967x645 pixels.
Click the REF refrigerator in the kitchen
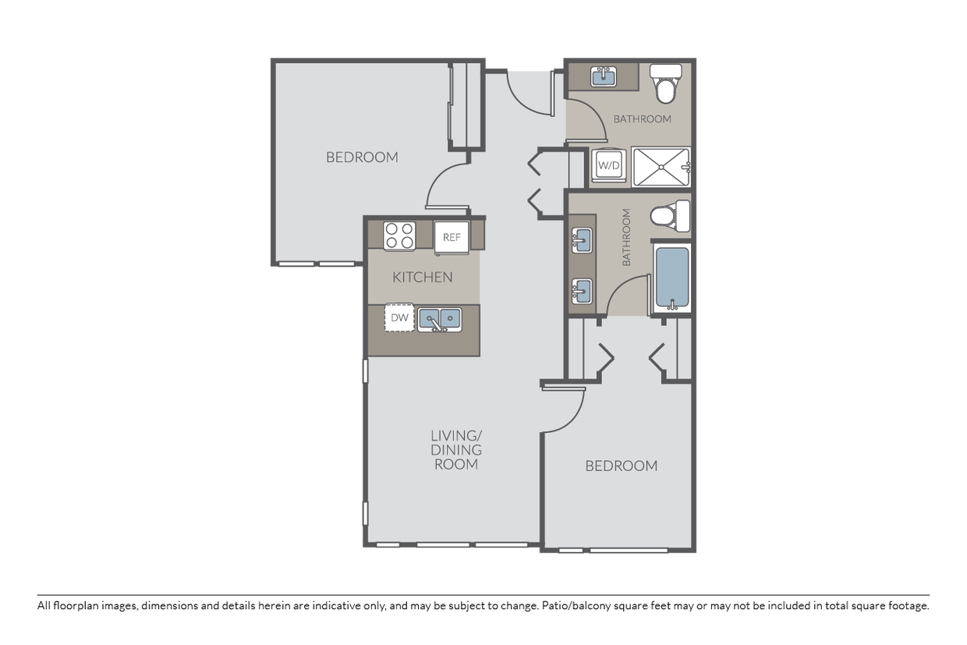pos(452,237)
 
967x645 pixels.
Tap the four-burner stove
pos(399,236)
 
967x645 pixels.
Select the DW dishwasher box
pos(399,317)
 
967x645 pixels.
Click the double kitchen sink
pos(440,320)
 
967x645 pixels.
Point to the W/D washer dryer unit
pos(609,165)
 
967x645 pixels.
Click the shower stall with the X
pos(661,167)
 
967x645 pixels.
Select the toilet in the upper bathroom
pos(666,83)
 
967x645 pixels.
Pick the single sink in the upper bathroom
pos(603,77)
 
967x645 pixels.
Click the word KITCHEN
pos(422,277)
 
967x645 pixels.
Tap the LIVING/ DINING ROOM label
pos(456,450)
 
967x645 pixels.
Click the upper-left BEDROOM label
pos(362,157)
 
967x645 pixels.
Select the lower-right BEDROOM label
pos(622,466)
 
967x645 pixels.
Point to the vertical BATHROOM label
pos(626,237)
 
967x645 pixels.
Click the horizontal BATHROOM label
pos(643,119)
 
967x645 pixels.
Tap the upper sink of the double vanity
pos(582,240)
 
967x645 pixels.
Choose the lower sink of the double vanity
pos(582,291)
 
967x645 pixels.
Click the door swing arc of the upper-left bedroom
pos(439,177)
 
